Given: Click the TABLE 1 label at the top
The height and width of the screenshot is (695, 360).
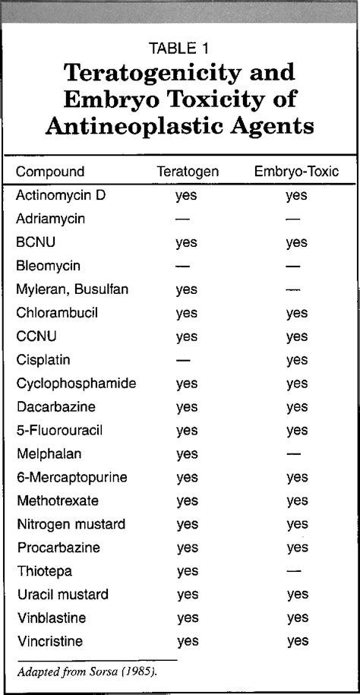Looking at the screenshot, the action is (179, 49).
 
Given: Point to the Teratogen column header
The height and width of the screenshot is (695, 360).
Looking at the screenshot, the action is (188, 172).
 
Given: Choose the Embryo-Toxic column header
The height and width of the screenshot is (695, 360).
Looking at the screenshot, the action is (296, 172).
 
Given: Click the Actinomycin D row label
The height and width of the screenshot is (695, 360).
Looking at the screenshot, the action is (61, 195).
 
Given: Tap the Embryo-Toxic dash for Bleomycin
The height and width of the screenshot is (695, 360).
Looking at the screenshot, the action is (293, 266).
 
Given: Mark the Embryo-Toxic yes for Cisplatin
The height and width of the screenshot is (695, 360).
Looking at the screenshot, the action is (296, 360).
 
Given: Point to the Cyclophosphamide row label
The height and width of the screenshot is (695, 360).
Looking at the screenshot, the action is (76, 384).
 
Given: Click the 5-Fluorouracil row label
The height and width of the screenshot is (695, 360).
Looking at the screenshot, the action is (59, 431).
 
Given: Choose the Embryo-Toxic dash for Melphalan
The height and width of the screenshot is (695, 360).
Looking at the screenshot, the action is (293, 453).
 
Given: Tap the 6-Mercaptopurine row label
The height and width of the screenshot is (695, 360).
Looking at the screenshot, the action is (71, 477).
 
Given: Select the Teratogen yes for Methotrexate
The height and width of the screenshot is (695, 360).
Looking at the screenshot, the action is (187, 501).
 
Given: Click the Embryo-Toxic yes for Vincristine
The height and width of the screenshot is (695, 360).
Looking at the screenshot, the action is (298, 641).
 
